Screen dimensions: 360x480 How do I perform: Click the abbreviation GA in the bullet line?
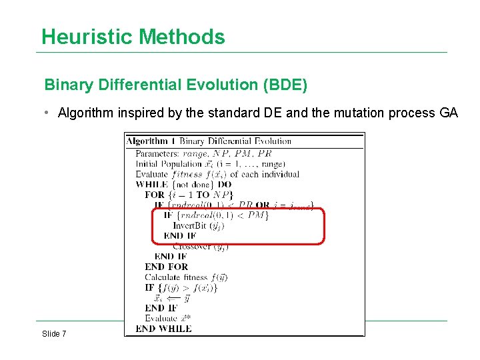(449, 113)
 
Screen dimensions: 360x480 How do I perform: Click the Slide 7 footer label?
(54, 333)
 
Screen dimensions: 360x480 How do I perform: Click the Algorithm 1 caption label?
(151, 141)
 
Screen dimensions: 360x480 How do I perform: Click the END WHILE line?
(163, 329)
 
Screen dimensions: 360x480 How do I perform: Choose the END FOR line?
(166, 267)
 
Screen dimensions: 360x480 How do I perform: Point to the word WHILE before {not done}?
(152, 184)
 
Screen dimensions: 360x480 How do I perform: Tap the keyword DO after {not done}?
(224, 184)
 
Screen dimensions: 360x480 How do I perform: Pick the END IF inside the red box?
(179, 235)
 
